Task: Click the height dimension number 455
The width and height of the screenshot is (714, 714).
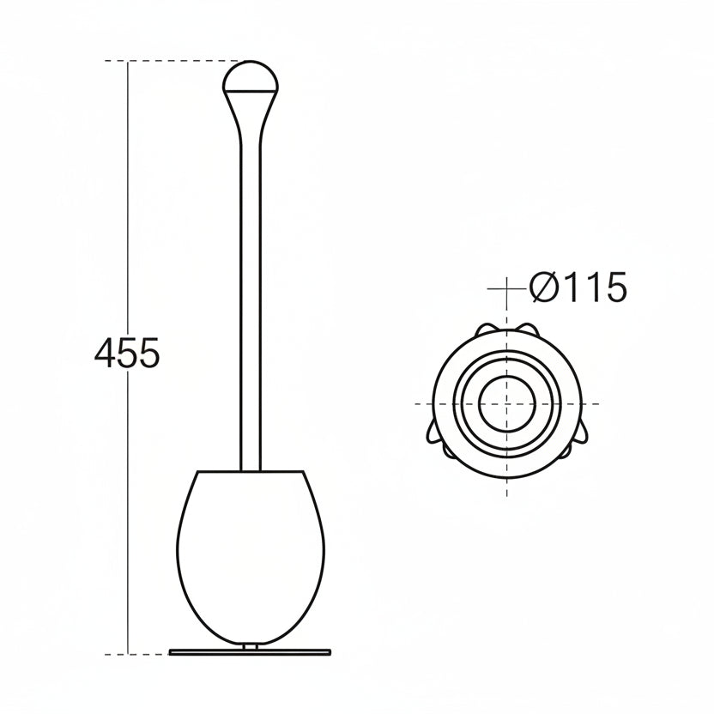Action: point(126,353)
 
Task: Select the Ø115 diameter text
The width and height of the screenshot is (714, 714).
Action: point(578,288)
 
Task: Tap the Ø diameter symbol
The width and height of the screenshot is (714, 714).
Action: point(544,288)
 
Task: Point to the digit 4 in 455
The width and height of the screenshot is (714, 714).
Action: point(106,353)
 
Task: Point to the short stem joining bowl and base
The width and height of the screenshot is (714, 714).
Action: point(250,644)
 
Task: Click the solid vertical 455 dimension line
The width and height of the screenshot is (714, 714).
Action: point(129,215)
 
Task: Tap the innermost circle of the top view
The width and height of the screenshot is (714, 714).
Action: point(506,403)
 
